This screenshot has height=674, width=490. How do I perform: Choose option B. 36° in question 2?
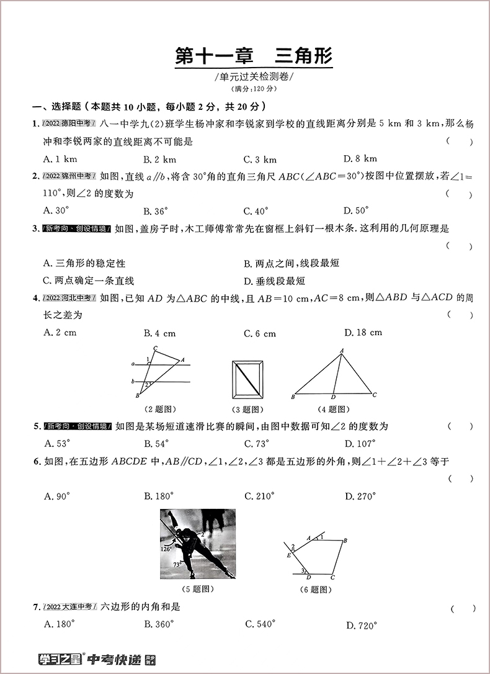pyautogui.click(x=156, y=210)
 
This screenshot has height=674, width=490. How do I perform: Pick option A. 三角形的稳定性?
pyautogui.click(x=84, y=264)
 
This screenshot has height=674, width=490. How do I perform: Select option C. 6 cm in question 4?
pyautogui.click(x=260, y=333)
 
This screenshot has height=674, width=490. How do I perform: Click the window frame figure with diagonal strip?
pyautogui.click(x=247, y=380)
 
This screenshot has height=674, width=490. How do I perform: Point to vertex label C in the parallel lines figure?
pyautogui.click(x=154, y=348)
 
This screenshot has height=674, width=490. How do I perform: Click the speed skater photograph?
pyautogui.click(x=198, y=544)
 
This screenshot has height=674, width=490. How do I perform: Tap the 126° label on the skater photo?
pyautogui.click(x=166, y=549)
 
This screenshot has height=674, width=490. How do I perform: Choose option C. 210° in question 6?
pyautogui.click(x=259, y=496)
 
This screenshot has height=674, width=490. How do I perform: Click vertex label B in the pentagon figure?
pyautogui.click(x=345, y=541)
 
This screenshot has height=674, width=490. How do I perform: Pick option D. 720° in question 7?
pyautogui.click(x=361, y=626)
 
